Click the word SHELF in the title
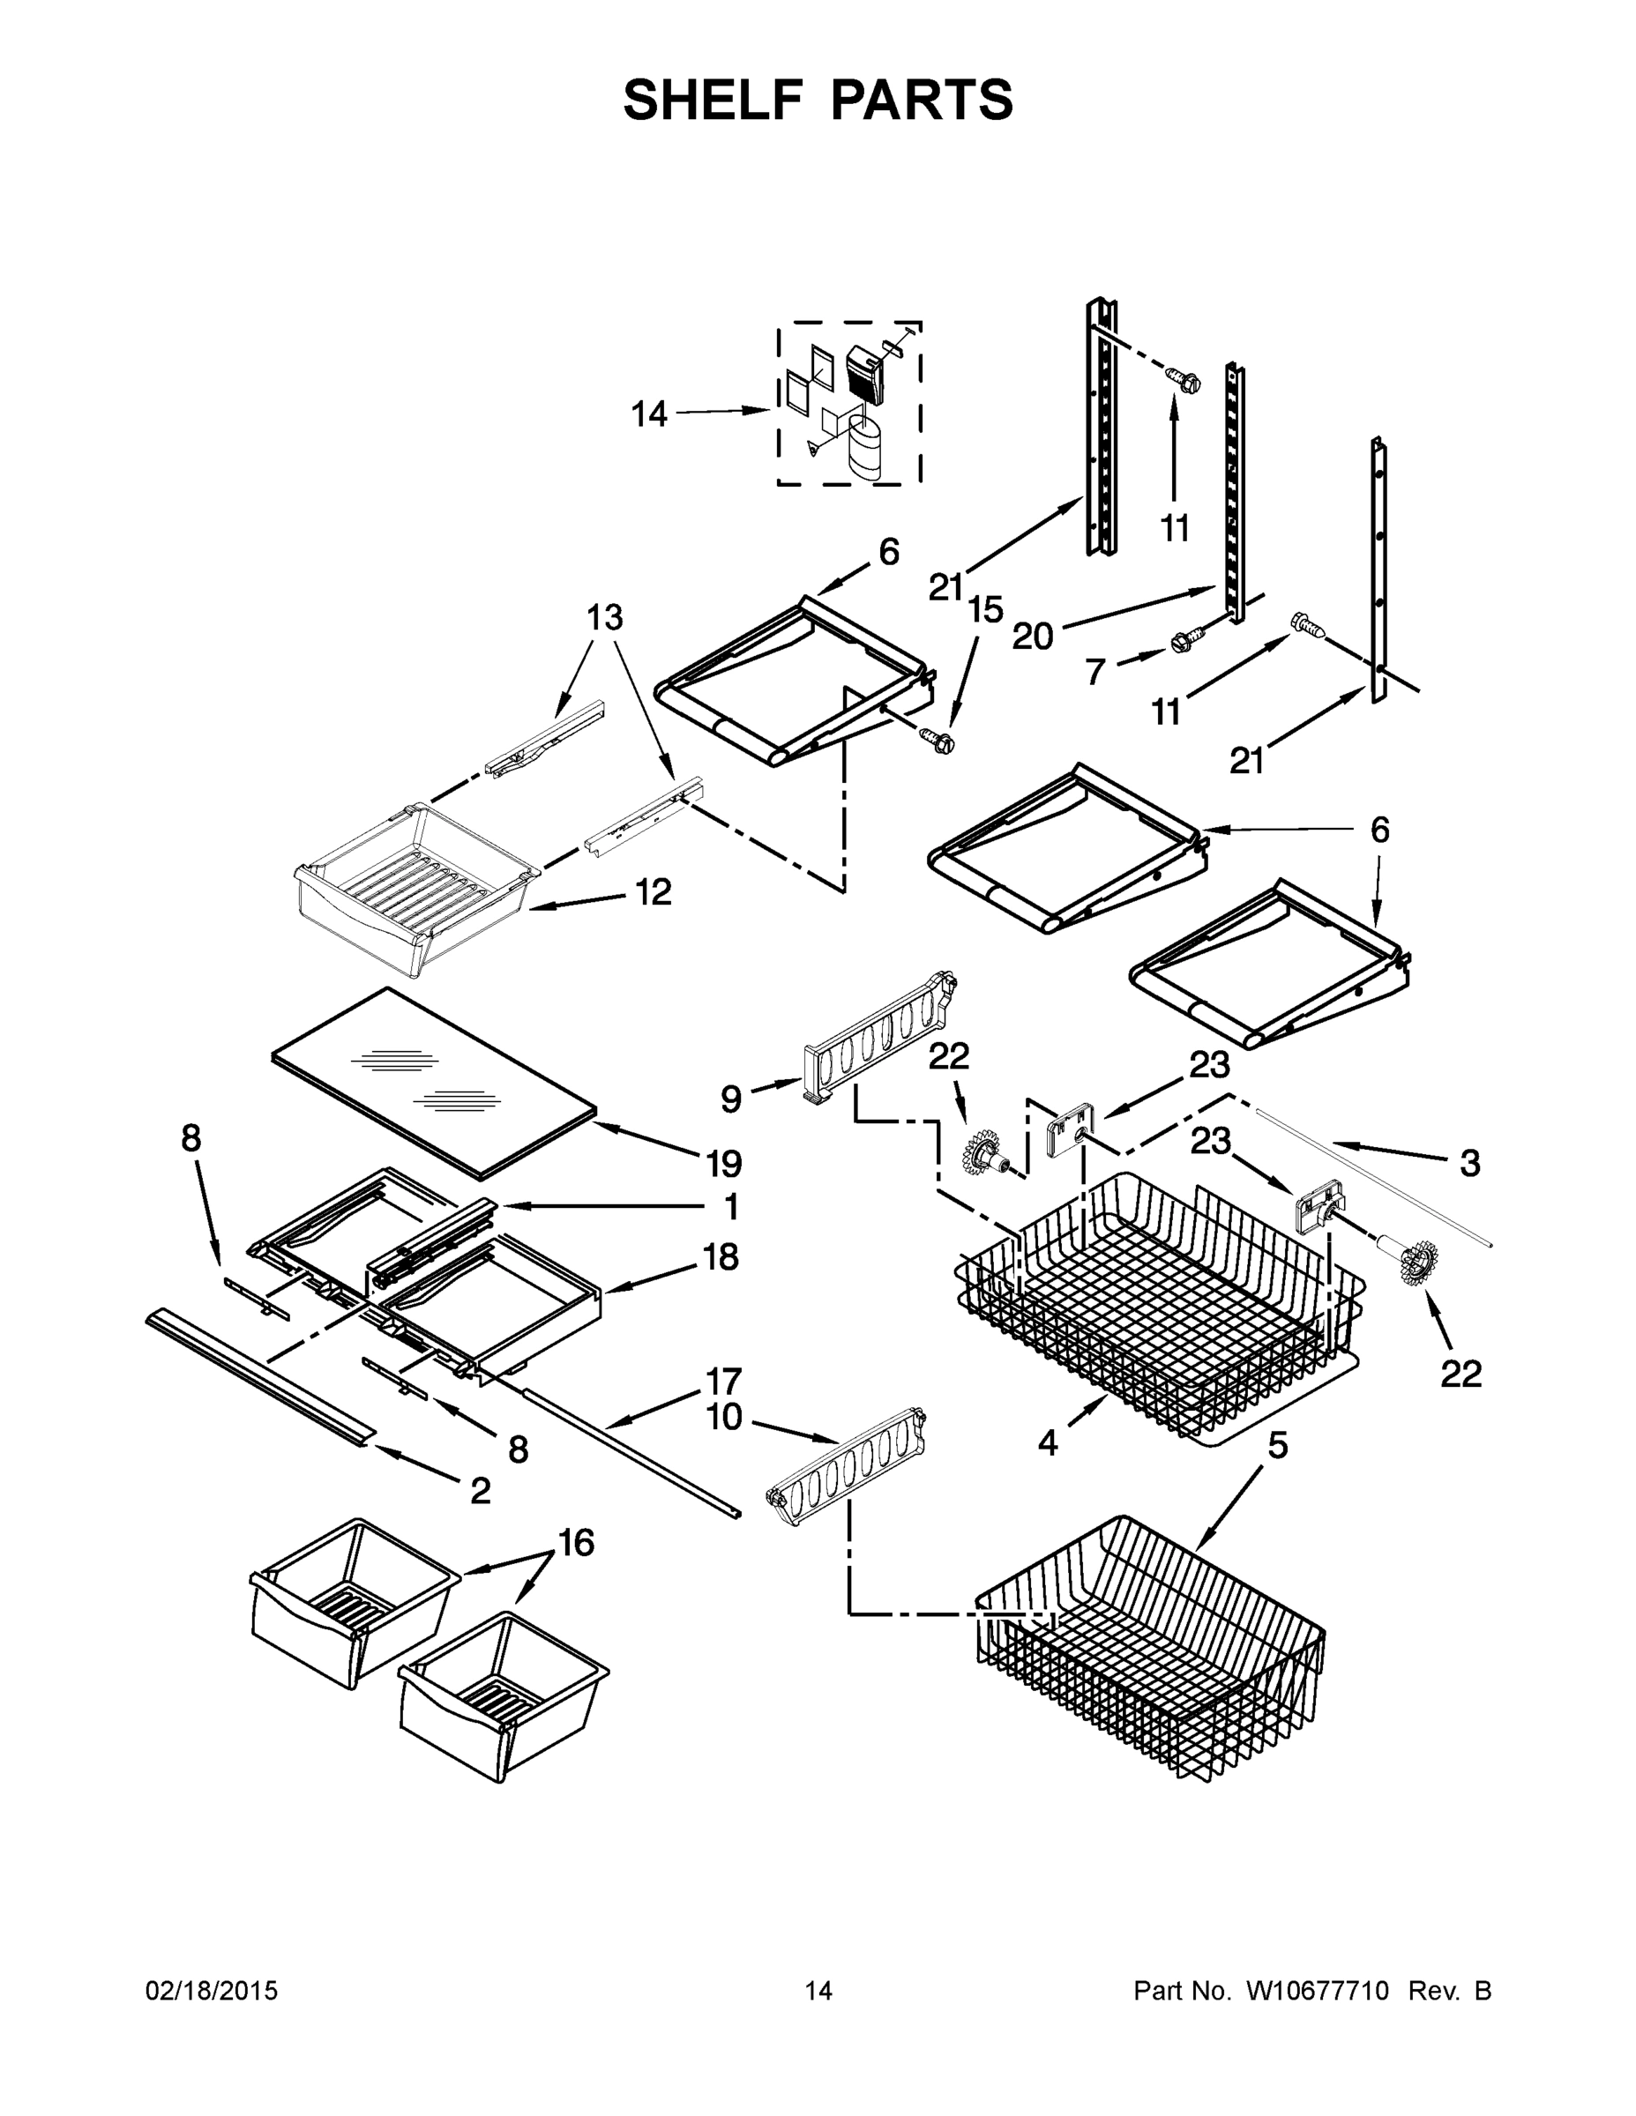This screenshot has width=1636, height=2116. (x=713, y=100)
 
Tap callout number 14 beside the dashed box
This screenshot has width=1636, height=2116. (x=649, y=414)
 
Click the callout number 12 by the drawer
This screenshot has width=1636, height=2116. (x=654, y=892)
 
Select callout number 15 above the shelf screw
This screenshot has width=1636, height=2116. (x=985, y=610)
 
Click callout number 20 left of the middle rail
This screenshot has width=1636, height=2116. (x=1032, y=637)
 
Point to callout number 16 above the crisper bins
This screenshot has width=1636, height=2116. (x=576, y=1542)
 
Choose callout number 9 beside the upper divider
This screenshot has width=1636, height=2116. (x=731, y=1098)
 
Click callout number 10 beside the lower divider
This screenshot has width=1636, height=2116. (x=724, y=1418)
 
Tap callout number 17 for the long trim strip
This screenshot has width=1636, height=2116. (x=724, y=1381)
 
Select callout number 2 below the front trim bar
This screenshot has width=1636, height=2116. (x=480, y=1491)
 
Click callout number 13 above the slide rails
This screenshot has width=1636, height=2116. (x=605, y=617)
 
